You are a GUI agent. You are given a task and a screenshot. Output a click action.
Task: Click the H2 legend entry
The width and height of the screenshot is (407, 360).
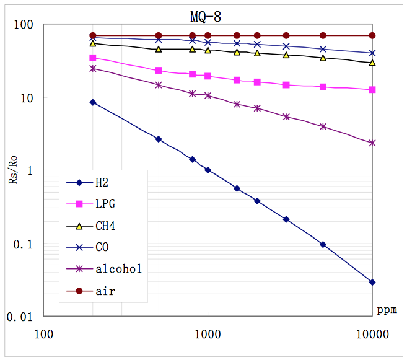102,182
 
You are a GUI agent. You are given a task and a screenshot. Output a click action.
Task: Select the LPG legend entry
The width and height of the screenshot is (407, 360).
105,204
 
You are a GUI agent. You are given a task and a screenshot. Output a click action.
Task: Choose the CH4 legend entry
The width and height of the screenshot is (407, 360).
105,226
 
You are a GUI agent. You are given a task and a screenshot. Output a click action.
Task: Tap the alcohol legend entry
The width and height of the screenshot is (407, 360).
118,269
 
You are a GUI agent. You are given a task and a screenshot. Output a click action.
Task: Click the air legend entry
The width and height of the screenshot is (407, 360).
105,291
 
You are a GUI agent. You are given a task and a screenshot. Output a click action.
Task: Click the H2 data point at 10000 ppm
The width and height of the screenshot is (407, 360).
372,282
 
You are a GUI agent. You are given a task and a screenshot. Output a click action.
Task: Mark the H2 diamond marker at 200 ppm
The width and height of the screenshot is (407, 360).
93,102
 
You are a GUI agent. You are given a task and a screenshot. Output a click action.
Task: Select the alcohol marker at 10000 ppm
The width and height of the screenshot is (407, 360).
372,143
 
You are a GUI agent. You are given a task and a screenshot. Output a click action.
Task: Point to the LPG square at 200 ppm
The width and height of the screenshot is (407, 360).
93,58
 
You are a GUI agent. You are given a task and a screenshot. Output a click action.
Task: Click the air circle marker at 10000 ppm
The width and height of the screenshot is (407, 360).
372,35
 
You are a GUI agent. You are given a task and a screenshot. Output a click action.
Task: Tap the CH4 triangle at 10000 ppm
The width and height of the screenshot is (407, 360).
372,63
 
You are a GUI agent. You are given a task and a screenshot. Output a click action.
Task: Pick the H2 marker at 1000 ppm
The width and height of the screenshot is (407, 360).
208,170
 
